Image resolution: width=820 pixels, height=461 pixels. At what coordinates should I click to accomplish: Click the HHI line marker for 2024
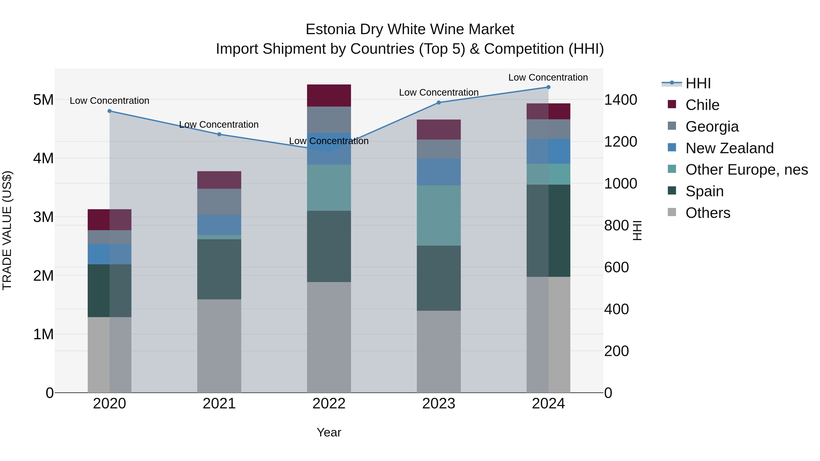[x=548, y=87]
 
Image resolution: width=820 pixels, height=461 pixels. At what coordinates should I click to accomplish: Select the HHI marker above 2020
[x=110, y=111]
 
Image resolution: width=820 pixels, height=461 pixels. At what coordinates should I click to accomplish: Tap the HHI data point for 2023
[x=439, y=102]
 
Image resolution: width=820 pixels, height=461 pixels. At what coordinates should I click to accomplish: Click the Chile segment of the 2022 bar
[x=329, y=95]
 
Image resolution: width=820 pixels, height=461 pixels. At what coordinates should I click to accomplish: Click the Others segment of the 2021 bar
[x=219, y=346]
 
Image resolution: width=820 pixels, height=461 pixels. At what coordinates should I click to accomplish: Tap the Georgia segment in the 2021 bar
[x=219, y=202]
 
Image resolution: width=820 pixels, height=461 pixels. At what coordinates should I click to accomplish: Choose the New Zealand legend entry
[x=729, y=148]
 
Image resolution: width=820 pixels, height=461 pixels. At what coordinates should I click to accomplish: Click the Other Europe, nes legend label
[x=746, y=170]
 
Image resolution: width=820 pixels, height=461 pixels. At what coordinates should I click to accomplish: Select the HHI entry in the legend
[x=698, y=83]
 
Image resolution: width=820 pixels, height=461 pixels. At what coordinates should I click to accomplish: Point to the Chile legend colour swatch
[x=672, y=104]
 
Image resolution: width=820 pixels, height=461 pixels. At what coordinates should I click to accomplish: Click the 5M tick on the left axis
[x=43, y=100]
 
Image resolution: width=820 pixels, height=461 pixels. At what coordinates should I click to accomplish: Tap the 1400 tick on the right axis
[x=620, y=100]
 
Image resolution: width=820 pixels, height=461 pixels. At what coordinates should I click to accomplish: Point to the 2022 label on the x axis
[x=329, y=404]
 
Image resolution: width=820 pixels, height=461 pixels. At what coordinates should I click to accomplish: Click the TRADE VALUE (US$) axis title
[x=7, y=230]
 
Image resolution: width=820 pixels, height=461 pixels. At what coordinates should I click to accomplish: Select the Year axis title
[x=329, y=432]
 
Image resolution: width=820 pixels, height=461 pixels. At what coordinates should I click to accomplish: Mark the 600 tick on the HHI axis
[x=616, y=267]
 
